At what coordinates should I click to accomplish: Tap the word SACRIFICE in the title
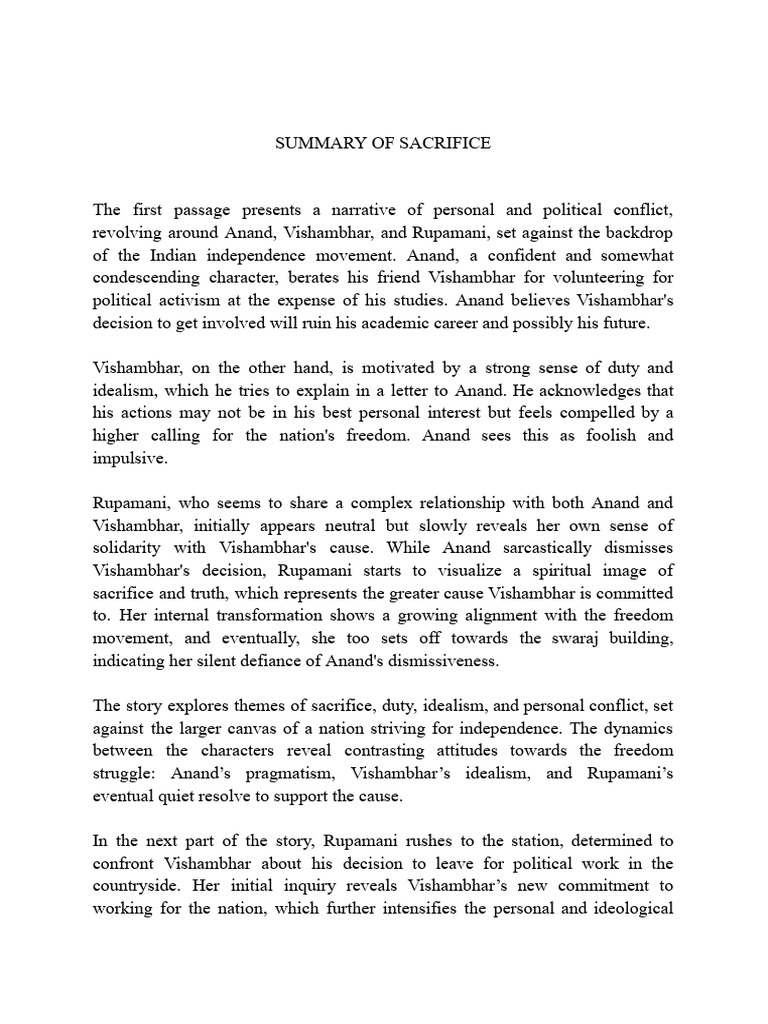[446, 143]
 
